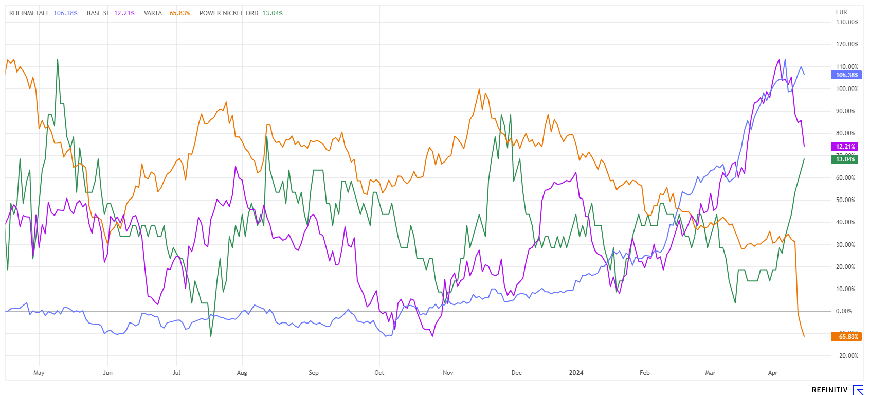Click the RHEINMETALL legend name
tap(29, 13)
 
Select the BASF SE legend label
tap(98, 13)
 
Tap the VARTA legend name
tap(153, 13)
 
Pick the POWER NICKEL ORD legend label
tap(229, 13)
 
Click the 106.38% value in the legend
tap(66, 13)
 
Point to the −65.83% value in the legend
tap(178, 13)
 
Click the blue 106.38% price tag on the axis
tap(846, 75)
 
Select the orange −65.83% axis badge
tap(846, 337)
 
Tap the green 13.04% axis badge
tap(845, 159)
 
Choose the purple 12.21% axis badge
tap(845, 147)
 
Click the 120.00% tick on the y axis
tap(847, 44)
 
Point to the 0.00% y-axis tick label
tap(844, 311)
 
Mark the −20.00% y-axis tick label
tap(847, 356)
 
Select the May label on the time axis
tap(39, 373)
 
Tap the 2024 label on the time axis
tap(576, 373)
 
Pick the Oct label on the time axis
tap(379, 373)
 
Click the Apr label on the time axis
tap(772, 373)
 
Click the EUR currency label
tap(841, 12)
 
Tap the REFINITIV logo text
tap(829, 390)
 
